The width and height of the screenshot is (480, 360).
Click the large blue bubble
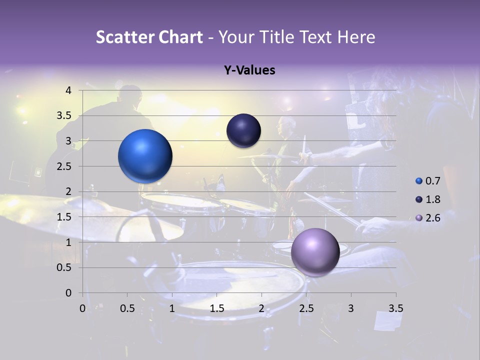tap(145, 156)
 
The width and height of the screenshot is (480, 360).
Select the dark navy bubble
tap(243, 131)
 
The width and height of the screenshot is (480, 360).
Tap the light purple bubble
tap(315, 252)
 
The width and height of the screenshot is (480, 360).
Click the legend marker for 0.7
tap(419, 180)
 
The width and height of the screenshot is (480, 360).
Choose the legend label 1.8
tap(432, 199)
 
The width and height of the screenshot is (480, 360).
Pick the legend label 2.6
tap(432, 218)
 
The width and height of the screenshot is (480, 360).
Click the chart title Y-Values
tap(249, 70)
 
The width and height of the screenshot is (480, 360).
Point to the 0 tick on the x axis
tap(83, 308)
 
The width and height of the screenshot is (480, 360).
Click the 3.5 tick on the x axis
tap(395, 308)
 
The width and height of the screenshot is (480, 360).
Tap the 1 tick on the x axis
tap(172, 308)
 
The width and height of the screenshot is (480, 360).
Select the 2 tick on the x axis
tap(261, 308)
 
